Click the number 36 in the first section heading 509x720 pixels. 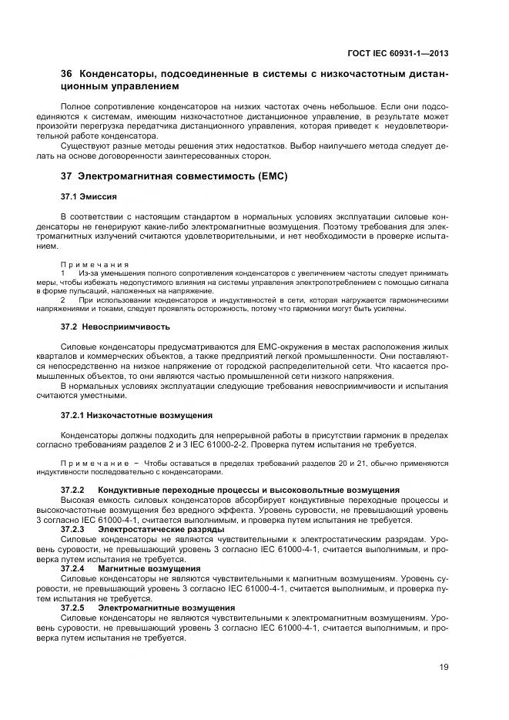(x=66, y=74)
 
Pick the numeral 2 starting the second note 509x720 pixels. (x=62, y=299)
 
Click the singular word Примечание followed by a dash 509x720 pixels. (x=94, y=464)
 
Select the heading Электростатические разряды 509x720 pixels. (x=161, y=529)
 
